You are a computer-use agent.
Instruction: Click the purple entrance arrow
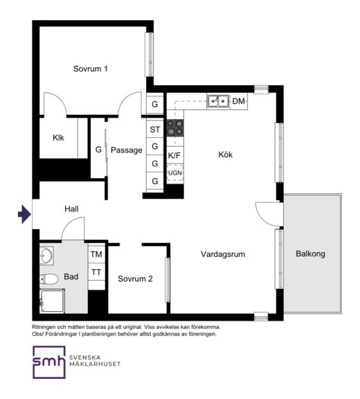(24, 214)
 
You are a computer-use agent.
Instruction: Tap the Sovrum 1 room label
(90, 69)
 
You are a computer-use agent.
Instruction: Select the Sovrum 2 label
(135, 278)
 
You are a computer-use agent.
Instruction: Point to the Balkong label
(310, 254)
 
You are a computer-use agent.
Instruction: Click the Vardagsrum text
(223, 254)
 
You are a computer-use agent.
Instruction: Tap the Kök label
(225, 154)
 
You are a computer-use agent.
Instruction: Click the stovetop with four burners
(175, 127)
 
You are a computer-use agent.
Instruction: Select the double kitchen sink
(218, 101)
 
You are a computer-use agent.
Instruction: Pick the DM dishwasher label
(238, 101)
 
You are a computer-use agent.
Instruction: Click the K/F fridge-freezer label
(174, 155)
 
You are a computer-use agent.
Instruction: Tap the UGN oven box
(175, 173)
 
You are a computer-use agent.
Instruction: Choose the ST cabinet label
(155, 130)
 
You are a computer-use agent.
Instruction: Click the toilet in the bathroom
(48, 279)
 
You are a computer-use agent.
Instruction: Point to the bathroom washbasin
(46, 256)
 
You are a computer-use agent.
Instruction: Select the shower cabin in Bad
(52, 301)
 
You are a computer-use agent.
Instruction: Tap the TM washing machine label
(96, 254)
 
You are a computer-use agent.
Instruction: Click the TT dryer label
(96, 272)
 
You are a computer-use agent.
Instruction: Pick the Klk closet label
(58, 138)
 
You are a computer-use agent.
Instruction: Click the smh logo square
(49, 362)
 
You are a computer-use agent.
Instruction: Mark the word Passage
(127, 150)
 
